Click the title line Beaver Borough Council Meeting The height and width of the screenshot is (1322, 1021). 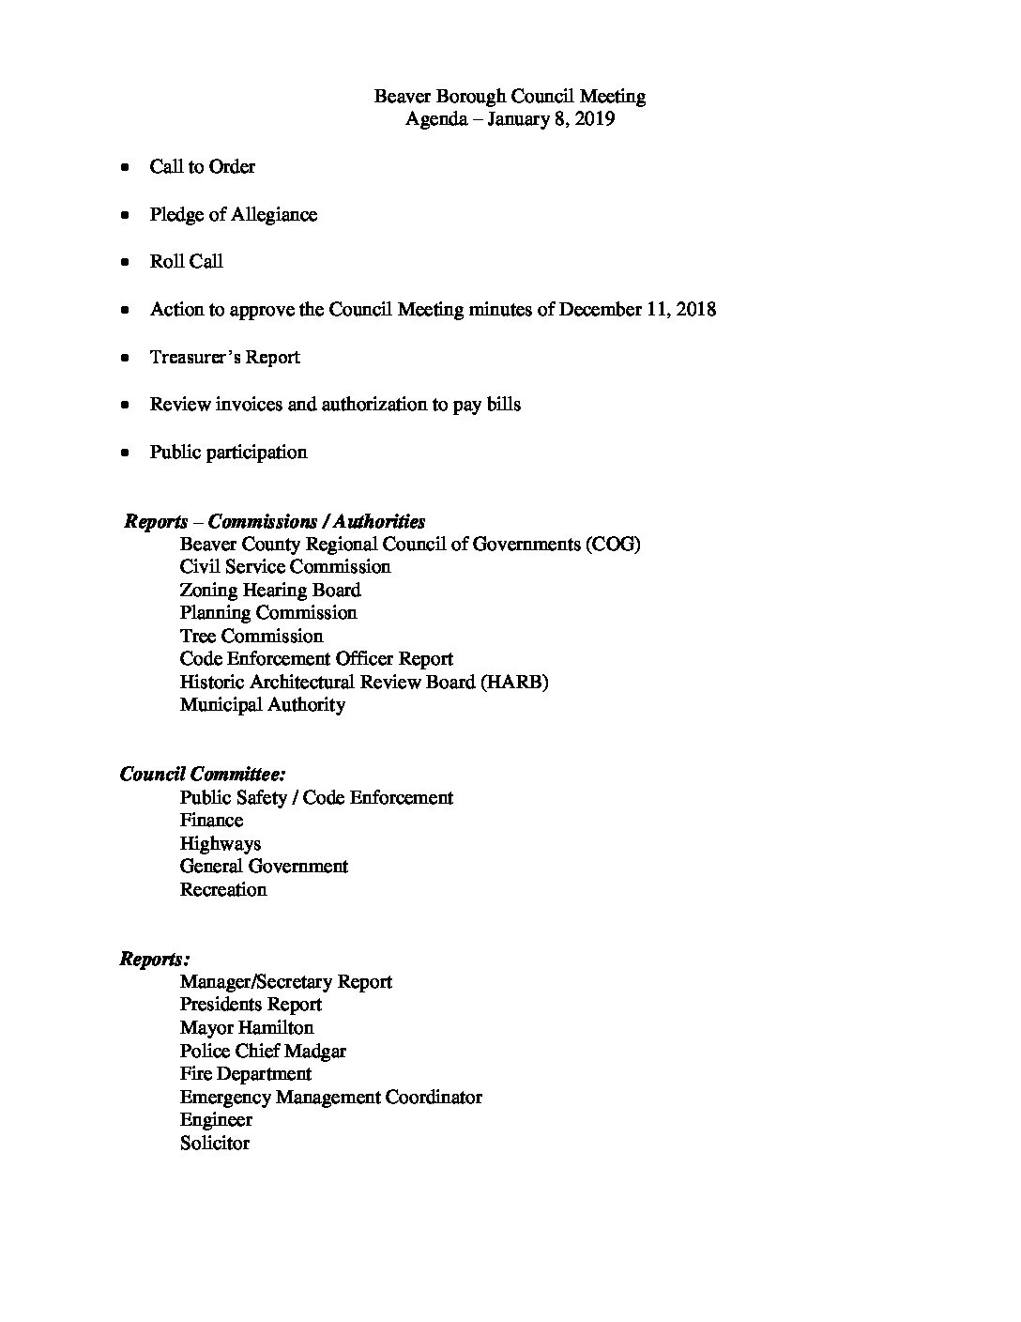510,96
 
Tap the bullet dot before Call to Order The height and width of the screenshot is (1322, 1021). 125,167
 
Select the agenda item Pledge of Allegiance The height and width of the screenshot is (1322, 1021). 233,214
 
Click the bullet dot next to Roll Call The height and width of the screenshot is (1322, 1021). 125,262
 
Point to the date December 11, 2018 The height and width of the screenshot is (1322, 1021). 637,309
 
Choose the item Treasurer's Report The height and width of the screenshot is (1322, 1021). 224,357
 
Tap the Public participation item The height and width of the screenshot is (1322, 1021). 228,452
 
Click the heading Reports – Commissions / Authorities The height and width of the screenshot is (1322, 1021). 274,521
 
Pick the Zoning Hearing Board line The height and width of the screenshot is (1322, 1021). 270,590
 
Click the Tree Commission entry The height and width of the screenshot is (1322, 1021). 251,636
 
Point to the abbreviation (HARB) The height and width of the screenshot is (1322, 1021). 514,682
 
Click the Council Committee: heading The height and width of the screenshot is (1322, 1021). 203,774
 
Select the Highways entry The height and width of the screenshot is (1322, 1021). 221,843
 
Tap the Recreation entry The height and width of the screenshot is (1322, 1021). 223,889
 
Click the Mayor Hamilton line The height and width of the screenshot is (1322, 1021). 247,1027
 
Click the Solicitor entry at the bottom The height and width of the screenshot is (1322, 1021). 215,1143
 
